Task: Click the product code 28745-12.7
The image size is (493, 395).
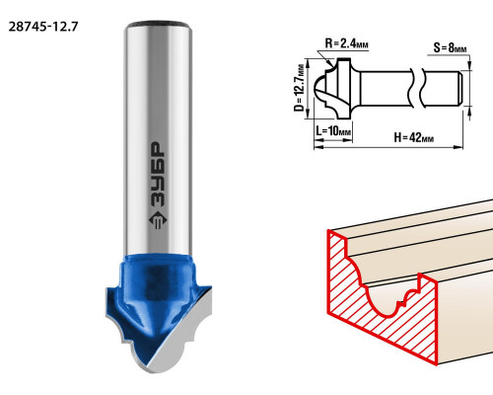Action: click(x=43, y=27)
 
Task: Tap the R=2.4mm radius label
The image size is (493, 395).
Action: click(x=346, y=43)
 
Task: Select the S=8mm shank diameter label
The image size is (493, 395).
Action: click(x=450, y=47)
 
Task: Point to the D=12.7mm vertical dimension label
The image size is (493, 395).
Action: click(x=300, y=88)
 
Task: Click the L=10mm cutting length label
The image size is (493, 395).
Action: click(x=333, y=131)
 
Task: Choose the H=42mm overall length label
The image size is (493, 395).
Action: click(x=414, y=137)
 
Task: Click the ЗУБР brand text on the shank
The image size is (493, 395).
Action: click(x=157, y=175)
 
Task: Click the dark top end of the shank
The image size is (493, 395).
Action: click(x=159, y=24)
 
